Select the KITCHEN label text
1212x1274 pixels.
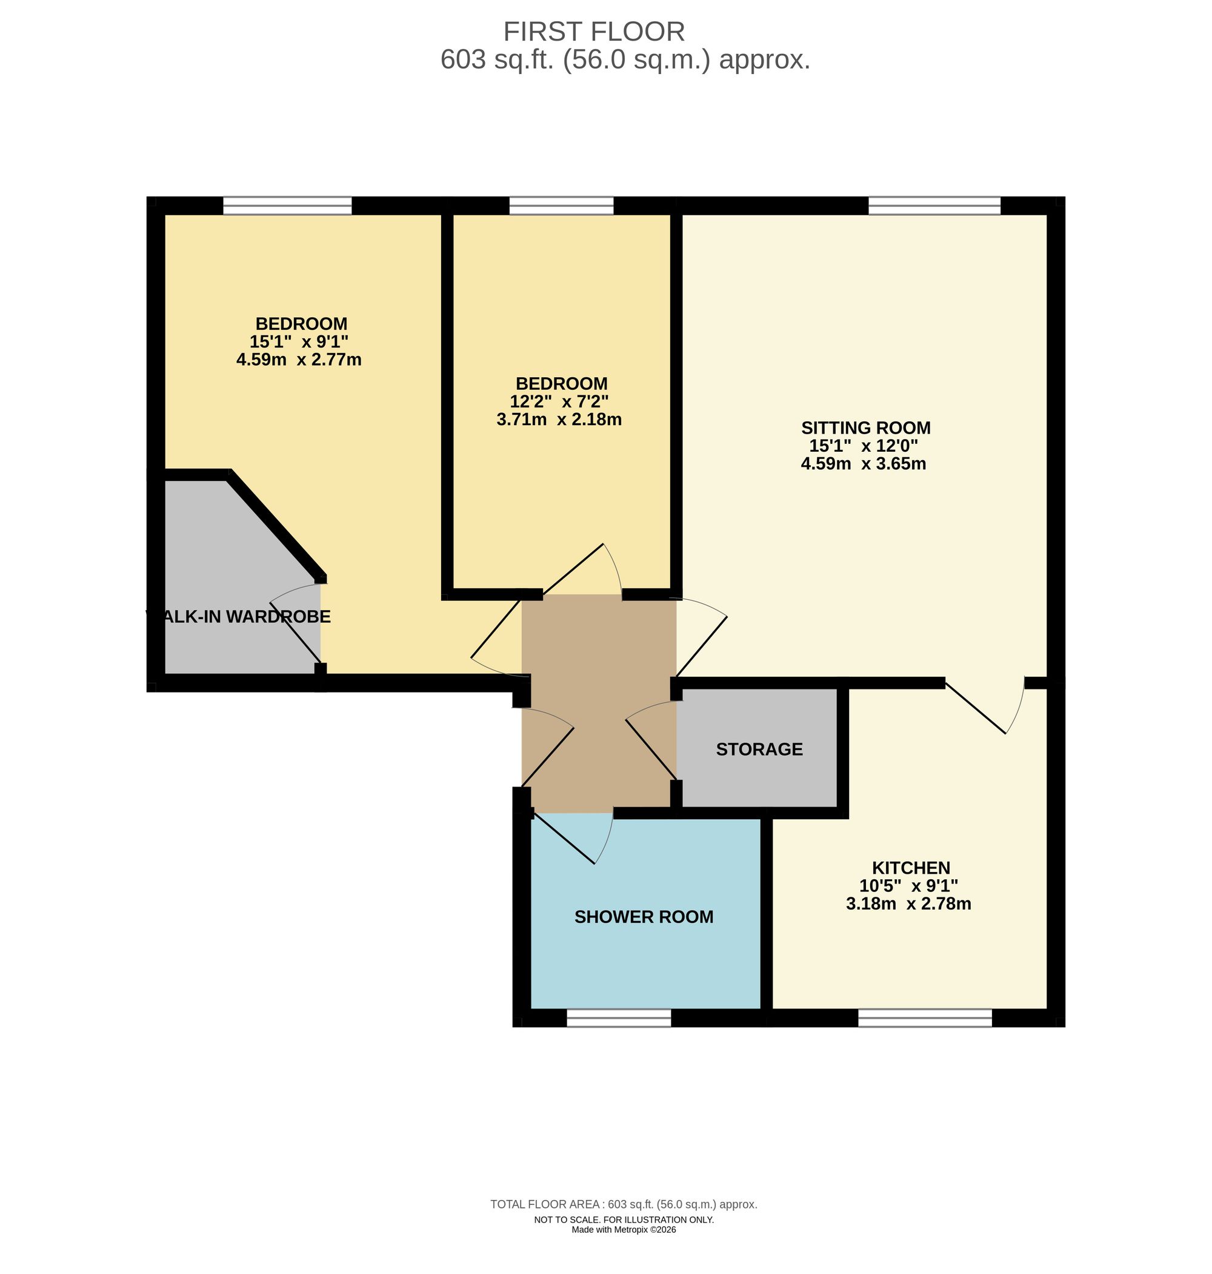[910, 868]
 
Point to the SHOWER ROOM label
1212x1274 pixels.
[644, 917]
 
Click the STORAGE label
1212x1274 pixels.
[759, 749]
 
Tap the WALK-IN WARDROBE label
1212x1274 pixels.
[239, 617]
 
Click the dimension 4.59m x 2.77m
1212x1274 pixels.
[299, 360]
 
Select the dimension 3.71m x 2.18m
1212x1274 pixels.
[559, 420]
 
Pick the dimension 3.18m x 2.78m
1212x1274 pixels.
[908, 904]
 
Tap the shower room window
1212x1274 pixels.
[618, 1019]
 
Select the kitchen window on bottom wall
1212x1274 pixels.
[924, 1019]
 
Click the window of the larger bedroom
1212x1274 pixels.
[287, 206]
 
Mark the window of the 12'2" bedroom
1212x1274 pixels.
[561, 206]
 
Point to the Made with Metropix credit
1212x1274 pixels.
[624, 1229]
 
